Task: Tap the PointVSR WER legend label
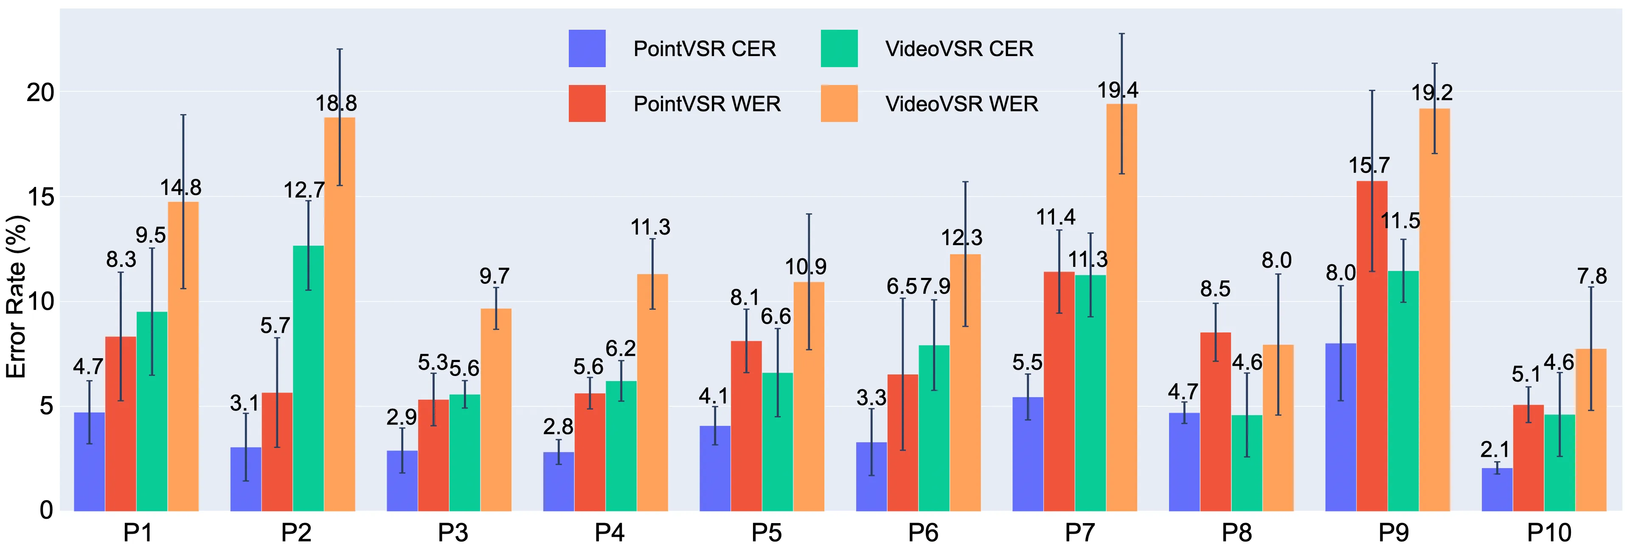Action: click(707, 104)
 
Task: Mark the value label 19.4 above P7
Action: click(1118, 91)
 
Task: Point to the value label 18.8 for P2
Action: click(336, 103)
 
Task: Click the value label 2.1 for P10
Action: click(1495, 450)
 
